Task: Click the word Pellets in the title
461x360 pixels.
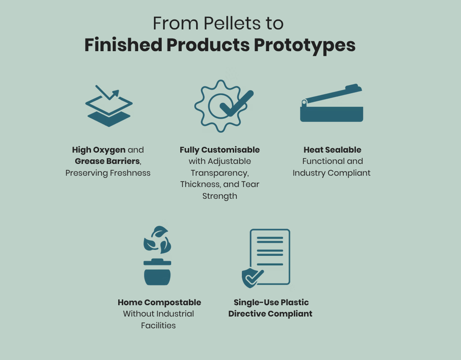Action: (232, 23)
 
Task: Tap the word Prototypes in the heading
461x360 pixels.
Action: (305, 46)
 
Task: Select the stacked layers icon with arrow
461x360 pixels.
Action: (109, 106)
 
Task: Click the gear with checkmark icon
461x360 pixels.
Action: (224, 106)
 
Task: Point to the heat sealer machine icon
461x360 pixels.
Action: (331, 103)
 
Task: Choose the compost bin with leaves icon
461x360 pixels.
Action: (157, 255)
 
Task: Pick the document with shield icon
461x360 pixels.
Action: (266, 258)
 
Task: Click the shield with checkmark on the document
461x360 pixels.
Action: (252, 278)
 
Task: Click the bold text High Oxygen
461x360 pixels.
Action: (99, 150)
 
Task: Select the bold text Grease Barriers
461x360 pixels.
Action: (107, 161)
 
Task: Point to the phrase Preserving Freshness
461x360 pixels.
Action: (108, 173)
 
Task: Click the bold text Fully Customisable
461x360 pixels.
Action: (220, 150)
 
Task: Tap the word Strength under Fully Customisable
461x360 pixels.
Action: (220, 196)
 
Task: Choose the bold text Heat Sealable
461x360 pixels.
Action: (332, 150)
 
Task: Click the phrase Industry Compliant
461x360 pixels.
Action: (331, 173)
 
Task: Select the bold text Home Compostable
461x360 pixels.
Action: (159, 302)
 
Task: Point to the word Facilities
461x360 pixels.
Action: (158, 326)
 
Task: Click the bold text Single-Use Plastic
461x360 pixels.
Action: (271, 302)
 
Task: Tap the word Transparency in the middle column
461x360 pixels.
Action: (220, 173)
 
